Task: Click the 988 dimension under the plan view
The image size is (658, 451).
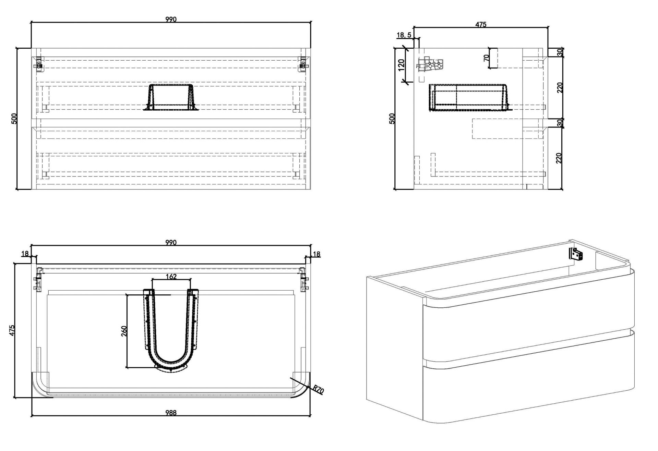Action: click(171, 413)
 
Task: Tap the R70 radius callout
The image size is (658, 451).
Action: click(319, 390)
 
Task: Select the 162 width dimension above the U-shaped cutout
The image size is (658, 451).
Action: click(171, 276)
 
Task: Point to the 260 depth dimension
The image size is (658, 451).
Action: click(124, 331)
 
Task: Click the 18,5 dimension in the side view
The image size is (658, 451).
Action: click(404, 35)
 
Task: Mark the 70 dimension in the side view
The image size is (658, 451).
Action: click(486, 58)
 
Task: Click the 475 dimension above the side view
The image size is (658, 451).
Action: click(481, 24)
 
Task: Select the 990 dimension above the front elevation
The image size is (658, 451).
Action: click(171, 20)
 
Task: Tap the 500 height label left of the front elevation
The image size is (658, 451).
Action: click(14, 119)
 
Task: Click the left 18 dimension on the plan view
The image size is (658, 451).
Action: click(25, 254)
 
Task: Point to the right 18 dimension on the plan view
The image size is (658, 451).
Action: click(316, 254)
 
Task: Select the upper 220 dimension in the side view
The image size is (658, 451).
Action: click(560, 87)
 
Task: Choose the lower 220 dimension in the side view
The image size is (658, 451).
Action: click(560, 158)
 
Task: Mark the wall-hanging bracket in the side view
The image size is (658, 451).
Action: click(430, 65)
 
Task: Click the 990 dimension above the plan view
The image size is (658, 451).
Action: click(171, 243)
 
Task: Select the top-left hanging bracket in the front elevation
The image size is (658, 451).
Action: click(39, 64)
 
